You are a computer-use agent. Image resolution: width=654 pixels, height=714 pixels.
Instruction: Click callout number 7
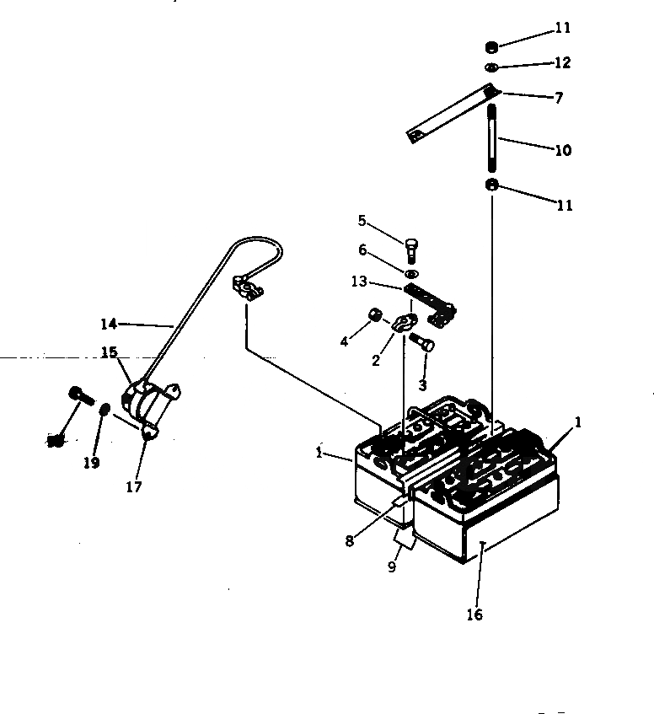558,98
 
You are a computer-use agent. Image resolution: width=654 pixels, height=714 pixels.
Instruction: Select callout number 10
563,151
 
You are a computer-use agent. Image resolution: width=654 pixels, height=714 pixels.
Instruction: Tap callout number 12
563,62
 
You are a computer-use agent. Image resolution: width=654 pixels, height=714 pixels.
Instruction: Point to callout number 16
474,615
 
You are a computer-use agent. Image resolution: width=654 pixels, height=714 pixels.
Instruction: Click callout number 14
108,323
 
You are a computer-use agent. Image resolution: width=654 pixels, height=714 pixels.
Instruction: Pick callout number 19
91,462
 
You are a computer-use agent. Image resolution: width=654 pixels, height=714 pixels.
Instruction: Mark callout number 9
392,567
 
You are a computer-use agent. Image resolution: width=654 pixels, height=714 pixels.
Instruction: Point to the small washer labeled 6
410,275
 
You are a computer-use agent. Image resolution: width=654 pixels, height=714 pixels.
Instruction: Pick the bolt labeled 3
422,342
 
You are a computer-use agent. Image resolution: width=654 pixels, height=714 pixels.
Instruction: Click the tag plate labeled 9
404,538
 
